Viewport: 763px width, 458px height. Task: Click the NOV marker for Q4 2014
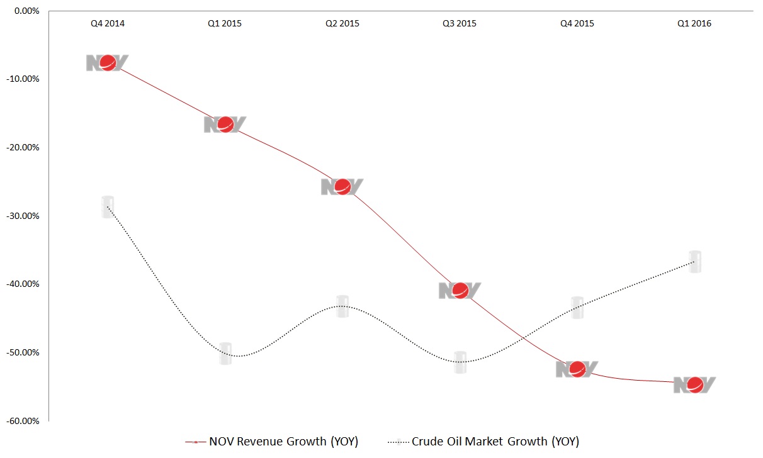pyautogui.click(x=108, y=63)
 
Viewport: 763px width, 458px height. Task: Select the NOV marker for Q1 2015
pyautogui.click(x=225, y=125)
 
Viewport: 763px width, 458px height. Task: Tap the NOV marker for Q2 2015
pyautogui.click(x=342, y=186)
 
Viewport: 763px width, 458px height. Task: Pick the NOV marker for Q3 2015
pyautogui.click(x=460, y=290)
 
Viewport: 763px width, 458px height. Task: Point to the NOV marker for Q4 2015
pyautogui.click(x=577, y=369)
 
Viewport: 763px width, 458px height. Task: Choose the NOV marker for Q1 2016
pyautogui.click(x=695, y=384)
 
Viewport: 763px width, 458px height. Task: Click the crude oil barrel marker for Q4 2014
pyautogui.click(x=108, y=207)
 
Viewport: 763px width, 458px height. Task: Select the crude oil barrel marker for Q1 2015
pyautogui.click(x=225, y=354)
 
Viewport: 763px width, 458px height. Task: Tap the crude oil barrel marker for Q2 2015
pyautogui.click(x=342, y=306)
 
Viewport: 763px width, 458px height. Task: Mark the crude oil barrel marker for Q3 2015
pyautogui.click(x=460, y=362)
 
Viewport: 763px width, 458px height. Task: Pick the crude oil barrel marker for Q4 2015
pyautogui.click(x=577, y=308)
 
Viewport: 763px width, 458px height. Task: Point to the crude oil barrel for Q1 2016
pyautogui.click(x=695, y=262)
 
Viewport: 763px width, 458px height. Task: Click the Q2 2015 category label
pyautogui.click(x=342, y=24)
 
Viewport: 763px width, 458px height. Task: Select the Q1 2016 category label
pyautogui.click(x=695, y=24)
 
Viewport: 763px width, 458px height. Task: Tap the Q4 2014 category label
pyautogui.click(x=108, y=24)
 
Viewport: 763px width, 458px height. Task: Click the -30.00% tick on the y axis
pyautogui.click(x=23, y=216)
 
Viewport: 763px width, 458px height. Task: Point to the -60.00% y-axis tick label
pyautogui.click(x=23, y=421)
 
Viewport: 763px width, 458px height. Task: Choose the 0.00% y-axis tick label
pyautogui.click(x=26, y=11)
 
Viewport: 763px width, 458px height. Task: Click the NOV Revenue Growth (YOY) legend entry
pyautogui.click(x=272, y=442)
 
